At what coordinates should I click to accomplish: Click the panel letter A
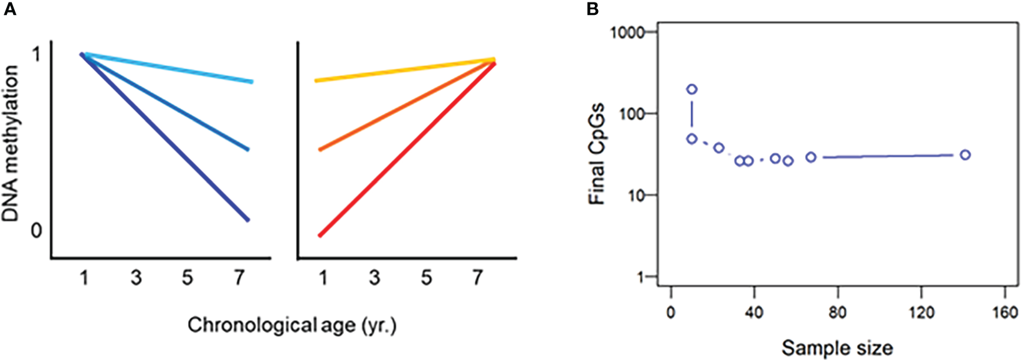coord(9,9)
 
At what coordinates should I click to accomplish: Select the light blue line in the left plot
coord(168,68)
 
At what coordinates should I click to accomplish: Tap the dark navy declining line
coord(165,137)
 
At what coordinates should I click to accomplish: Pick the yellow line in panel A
coord(405,70)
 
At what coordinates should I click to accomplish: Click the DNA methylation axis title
coord(11,144)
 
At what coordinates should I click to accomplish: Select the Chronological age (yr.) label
coord(292,326)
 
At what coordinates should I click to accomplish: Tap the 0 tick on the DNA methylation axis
coord(36,230)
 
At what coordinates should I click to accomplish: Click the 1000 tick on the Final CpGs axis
coord(632,32)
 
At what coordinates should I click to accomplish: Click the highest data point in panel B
coord(691,90)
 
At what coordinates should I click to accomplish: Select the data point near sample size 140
coord(965,155)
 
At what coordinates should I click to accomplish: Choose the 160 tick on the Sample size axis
coord(1005,312)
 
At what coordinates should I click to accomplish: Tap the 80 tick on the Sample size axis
coord(837,312)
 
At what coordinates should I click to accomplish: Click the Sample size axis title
coord(837,348)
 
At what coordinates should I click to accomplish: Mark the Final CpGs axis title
coord(597,154)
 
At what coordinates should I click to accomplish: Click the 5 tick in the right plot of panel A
coord(426,278)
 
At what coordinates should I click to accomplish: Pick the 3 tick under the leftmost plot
coord(136,278)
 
